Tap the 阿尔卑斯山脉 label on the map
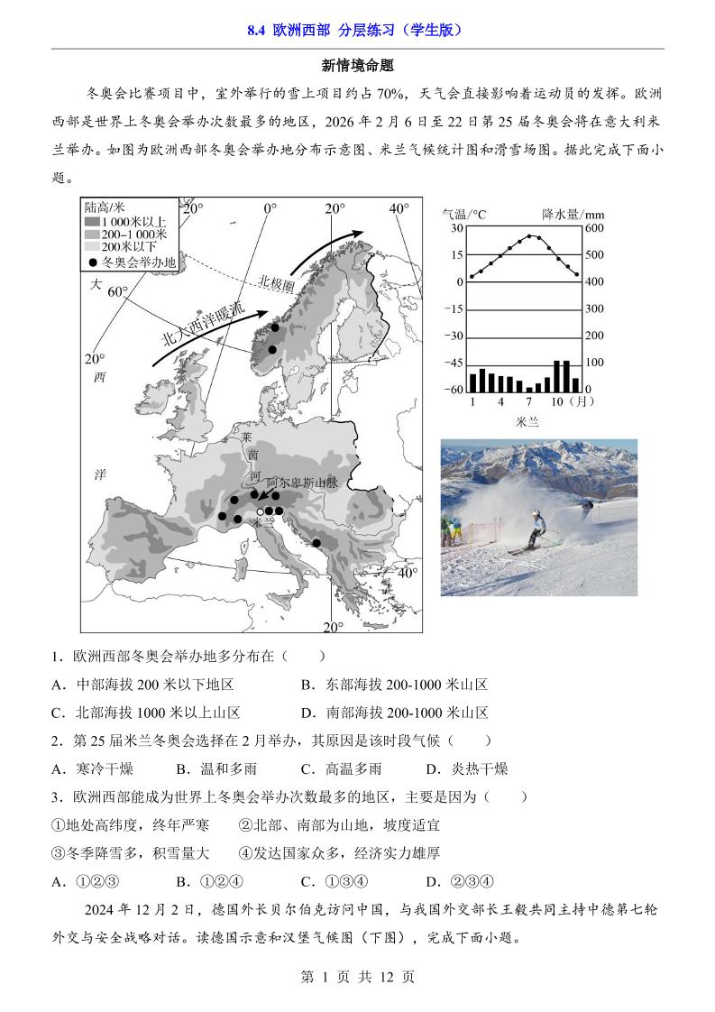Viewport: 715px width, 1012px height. coord(301,483)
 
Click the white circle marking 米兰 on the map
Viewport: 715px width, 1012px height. coord(260,511)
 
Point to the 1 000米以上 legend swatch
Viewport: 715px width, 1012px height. coord(91,221)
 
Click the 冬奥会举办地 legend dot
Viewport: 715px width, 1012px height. coord(92,262)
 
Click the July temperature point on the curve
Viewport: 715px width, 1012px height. coord(528,236)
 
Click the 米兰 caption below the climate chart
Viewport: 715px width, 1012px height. coord(527,421)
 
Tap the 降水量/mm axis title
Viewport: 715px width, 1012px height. coord(573,214)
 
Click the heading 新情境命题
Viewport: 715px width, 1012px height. coord(358,65)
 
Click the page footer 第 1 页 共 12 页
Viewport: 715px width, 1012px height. coord(357,977)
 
